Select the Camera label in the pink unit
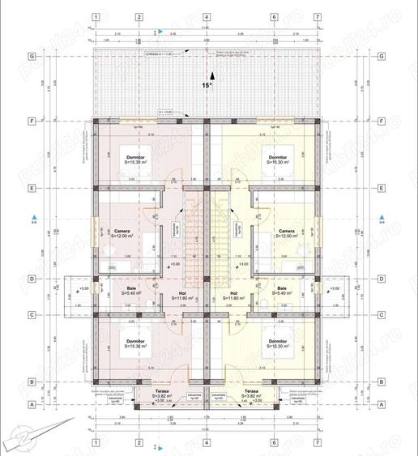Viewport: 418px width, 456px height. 122,232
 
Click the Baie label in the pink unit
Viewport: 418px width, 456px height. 131,289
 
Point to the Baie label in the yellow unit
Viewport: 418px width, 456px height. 281,289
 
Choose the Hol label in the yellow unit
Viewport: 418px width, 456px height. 233,294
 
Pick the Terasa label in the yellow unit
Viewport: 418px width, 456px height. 250,391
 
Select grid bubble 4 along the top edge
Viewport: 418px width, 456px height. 206,16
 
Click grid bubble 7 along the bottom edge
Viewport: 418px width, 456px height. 317,442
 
